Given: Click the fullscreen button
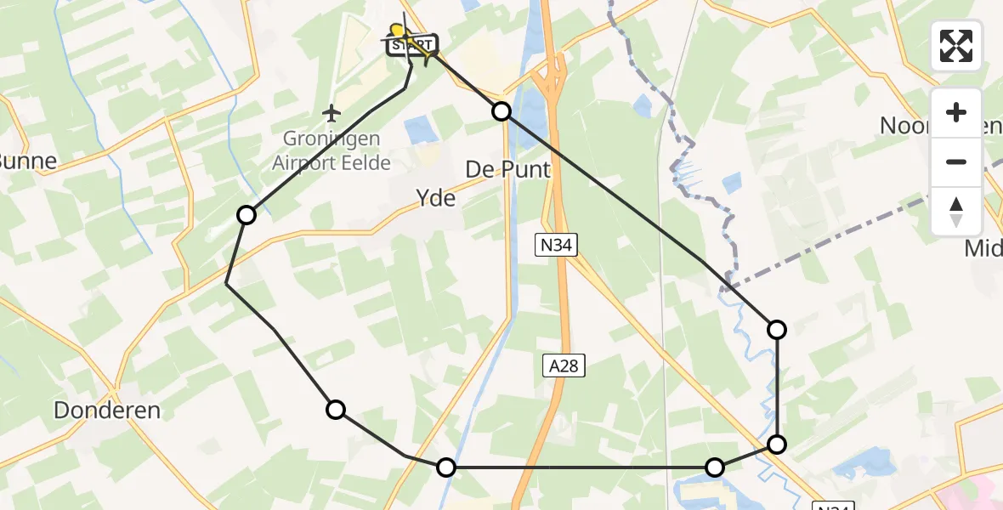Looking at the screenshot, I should point(956,45).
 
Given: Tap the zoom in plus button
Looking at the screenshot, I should point(956,112).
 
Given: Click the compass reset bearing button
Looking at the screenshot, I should point(956,211).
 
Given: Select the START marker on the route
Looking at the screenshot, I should point(413,44).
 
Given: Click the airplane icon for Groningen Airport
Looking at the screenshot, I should point(331,113).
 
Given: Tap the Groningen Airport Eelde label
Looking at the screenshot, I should point(331,150).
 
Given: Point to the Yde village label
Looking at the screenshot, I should point(436,199).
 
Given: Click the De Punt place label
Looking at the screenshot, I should point(507,169).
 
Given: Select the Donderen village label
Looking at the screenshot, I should point(107,410).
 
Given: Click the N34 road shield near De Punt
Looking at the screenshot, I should point(558,246).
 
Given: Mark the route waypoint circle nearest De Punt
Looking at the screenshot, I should point(501,111).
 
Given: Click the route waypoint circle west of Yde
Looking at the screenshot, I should point(246,215).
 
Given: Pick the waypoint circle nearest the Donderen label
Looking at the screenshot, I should point(336,410).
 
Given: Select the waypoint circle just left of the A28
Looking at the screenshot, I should point(446,467).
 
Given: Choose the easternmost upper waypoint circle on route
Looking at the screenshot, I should point(777,330).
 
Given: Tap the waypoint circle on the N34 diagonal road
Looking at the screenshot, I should point(777,444).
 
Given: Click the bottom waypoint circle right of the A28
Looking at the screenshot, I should point(715,467).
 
